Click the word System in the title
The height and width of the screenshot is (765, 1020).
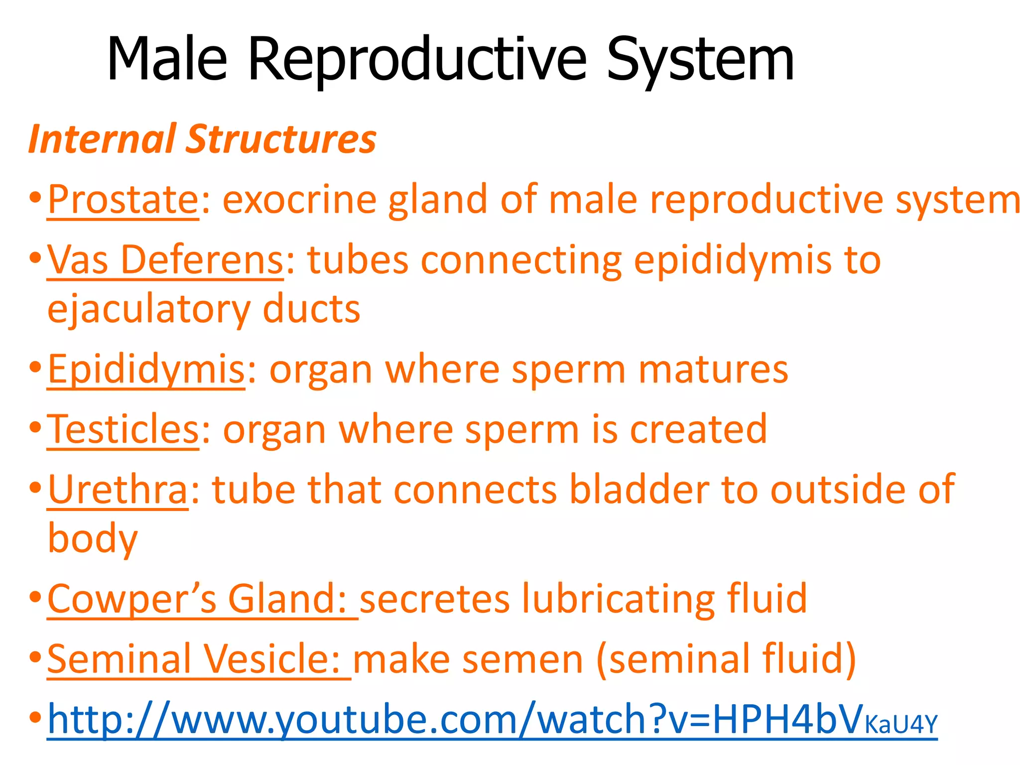pyautogui.click(x=700, y=60)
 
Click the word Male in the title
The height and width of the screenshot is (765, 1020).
pyautogui.click(x=167, y=60)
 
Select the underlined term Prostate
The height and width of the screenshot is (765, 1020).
pyautogui.click(x=123, y=200)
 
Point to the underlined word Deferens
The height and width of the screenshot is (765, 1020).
pyautogui.click(x=202, y=260)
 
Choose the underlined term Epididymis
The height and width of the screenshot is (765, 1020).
pyautogui.click(x=146, y=370)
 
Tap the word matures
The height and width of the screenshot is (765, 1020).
pyautogui.click(x=713, y=370)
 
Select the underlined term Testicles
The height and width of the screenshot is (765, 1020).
pyautogui.click(x=123, y=429)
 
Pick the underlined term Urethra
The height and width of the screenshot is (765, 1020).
pyautogui.click(x=118, y=490)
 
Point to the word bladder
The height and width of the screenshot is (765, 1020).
pyautogui.click(x=639, y=490)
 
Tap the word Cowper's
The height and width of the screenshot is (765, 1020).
pyautogui.click(x=132, y=599)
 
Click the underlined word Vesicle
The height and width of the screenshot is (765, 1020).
pyautogui.click(x=271, y=659)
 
